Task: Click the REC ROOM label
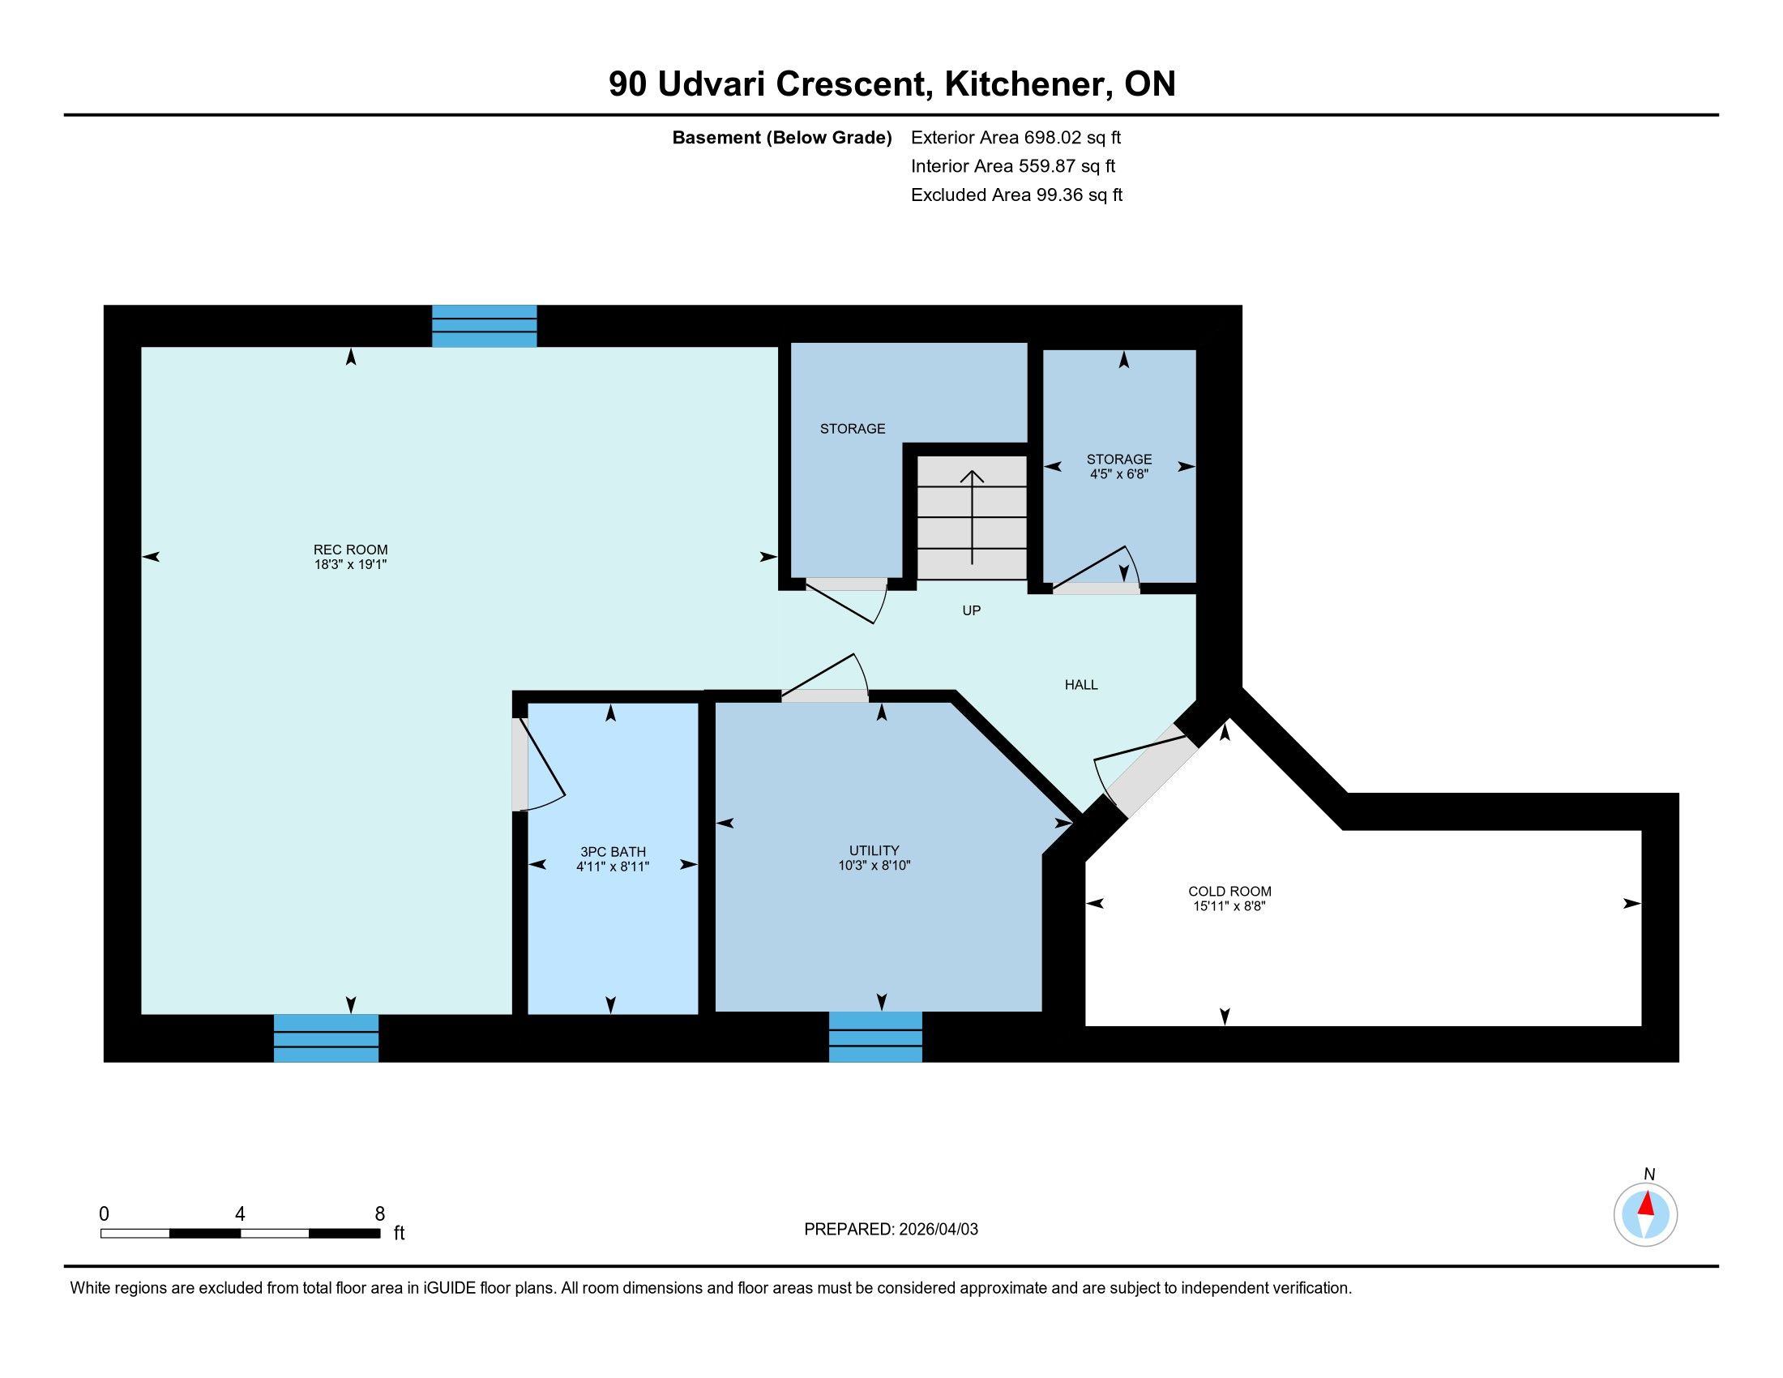(x=350, y=550)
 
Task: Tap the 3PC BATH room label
(x=612, y=851)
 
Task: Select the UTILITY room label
(x=874, y=849)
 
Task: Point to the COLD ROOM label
(x=1229, y=892)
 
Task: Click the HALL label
(x=1081, y=685)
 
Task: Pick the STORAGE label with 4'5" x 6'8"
(x=1118, y=459)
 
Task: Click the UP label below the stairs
(x=972, y=610)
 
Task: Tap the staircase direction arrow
(x=972, y=517)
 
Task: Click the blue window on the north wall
(x=484, y=326)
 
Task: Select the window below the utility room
(x=875, y=1037)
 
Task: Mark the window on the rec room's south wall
(x=326, y=1038)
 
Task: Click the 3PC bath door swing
(x=539, y=764)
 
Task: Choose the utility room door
(x=825, y=678)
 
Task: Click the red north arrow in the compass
(x=1646, y=1203)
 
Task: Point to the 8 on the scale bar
(x=379, y=1213)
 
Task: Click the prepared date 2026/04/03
(x=938, y=1229)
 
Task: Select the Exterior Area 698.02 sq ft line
(x=1015, y=137)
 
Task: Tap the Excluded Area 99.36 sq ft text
(x=1016, y=195)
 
